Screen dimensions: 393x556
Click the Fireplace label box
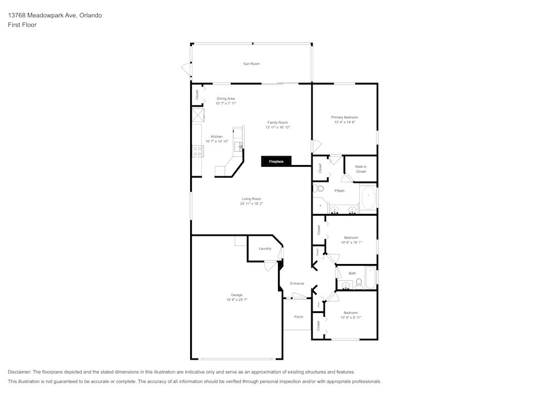(x=276, y=162)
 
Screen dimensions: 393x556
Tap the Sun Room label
(x=251, y=64)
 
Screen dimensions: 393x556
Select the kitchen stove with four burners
(x=197, y=151)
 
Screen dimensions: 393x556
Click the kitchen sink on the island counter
(x=240, y=146)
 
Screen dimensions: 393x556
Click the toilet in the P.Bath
(x=319, y=189)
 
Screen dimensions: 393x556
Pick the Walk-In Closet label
(x=361, y=169)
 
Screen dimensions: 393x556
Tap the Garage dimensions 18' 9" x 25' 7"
(x=237, y=300)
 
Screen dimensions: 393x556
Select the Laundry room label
(x=265, y=248)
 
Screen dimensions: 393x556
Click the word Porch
(x=299, y=317)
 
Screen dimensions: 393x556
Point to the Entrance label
(x=297, y=283)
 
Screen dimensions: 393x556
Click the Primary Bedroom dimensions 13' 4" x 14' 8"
(x=345, y=122)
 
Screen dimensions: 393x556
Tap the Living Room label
(x=251, y=198)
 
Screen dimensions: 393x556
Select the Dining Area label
(x=226, y=98)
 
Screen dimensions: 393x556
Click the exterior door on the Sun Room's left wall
(x=186, y=69)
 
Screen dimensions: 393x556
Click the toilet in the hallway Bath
(x=359, y=285)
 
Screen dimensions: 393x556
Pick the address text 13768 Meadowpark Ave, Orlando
(x=54, y=16)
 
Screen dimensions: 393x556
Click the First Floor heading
(x=22, y=25)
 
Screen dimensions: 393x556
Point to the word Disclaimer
(x=19, y=372)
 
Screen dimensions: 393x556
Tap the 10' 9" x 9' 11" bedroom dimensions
(x=351, y=317)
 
